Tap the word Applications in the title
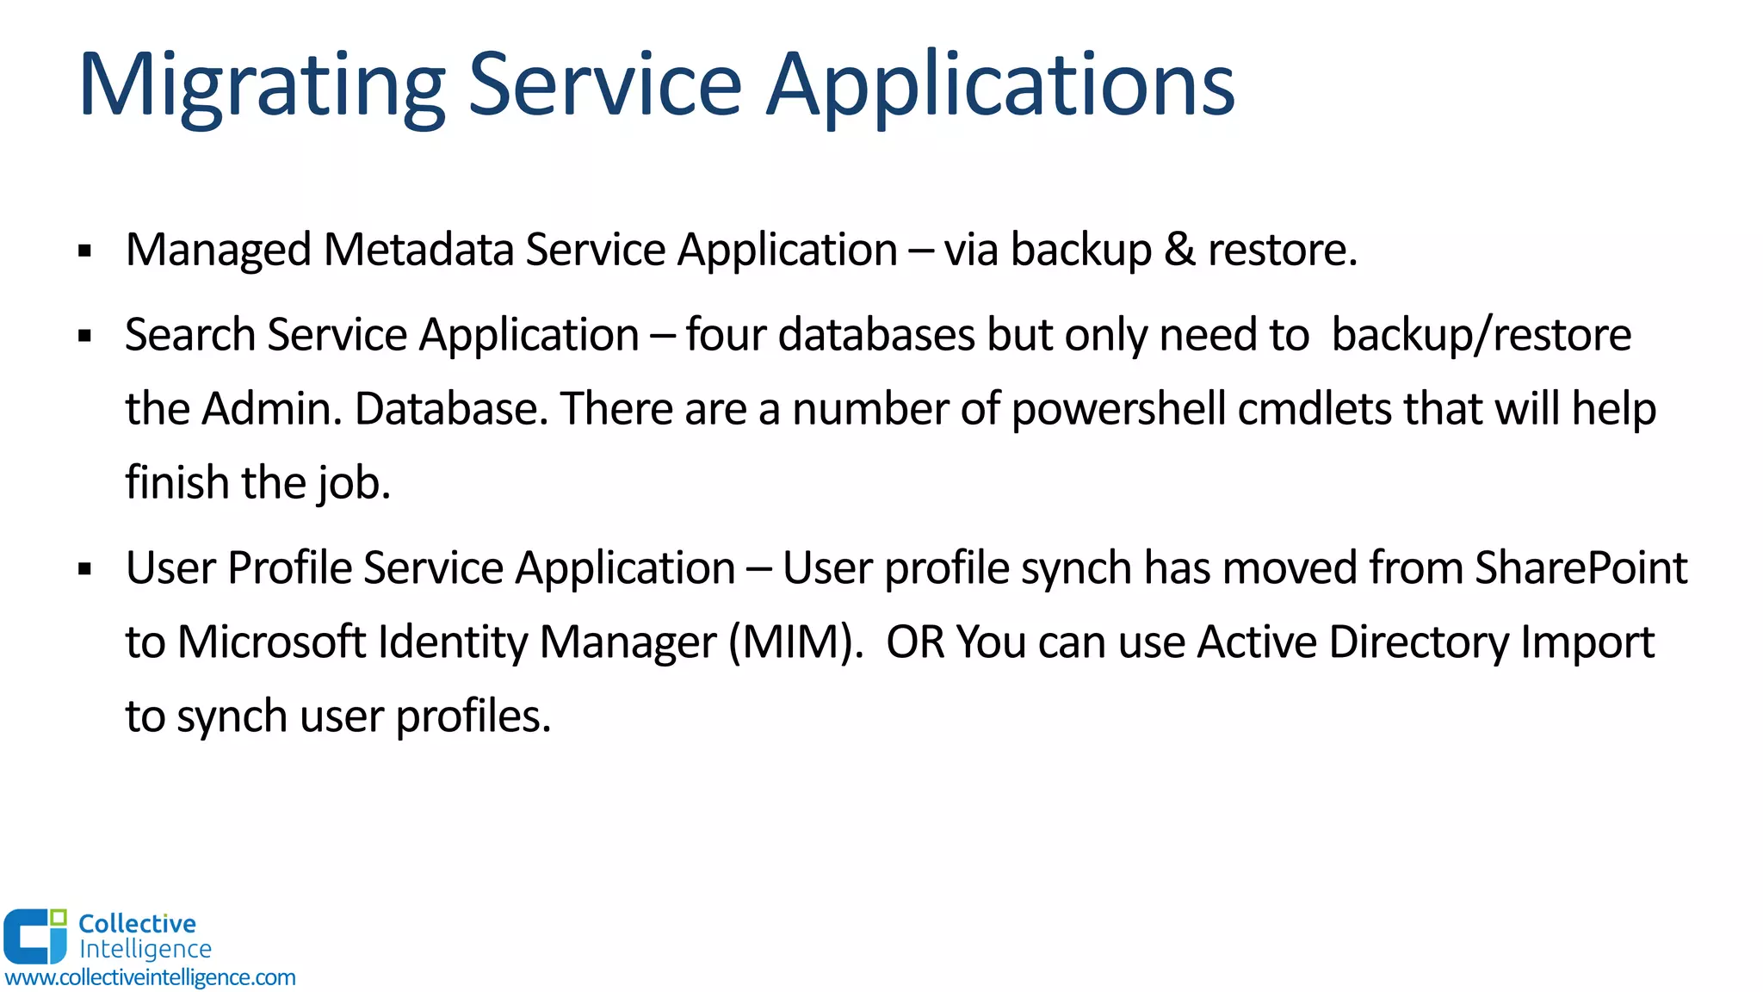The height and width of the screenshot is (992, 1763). [1000, 86]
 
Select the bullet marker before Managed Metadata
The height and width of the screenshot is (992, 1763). [84, 251]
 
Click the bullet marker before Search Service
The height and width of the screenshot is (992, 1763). [84, 336]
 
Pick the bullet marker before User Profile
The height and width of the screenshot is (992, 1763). [84, 569]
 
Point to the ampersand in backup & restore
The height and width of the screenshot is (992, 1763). [1179, 250]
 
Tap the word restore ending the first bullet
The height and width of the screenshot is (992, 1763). [1281, 250]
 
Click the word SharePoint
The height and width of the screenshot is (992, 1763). [1581, 567]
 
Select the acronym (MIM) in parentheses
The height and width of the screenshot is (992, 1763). [795, 642]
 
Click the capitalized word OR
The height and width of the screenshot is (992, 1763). [915, 642]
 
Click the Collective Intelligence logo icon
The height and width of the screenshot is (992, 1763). [35, 936]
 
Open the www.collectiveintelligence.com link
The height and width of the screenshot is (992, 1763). [151, 977]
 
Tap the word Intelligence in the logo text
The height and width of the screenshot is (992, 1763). [145, 949]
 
